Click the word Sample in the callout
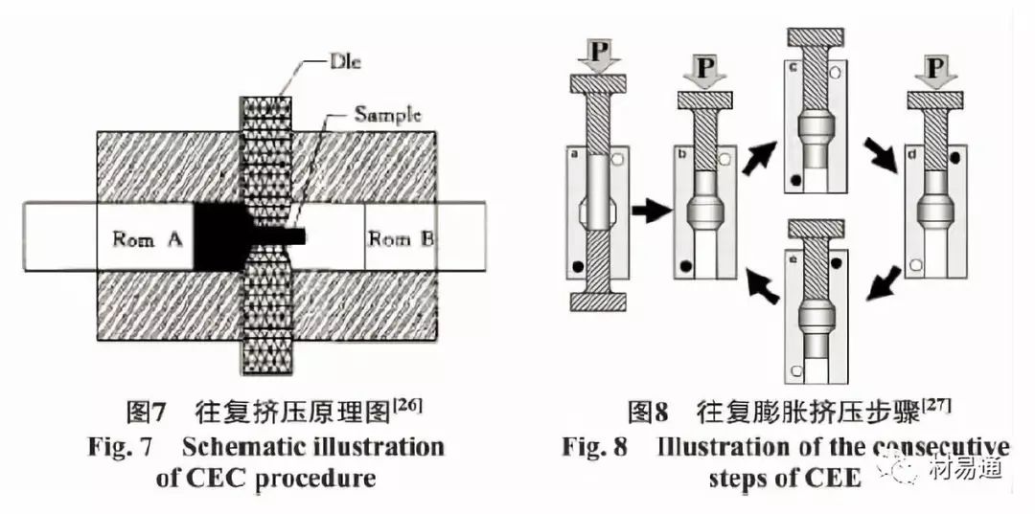387,115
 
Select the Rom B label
402,238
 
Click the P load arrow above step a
597,57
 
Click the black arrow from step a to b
653,212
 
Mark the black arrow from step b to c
760,154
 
